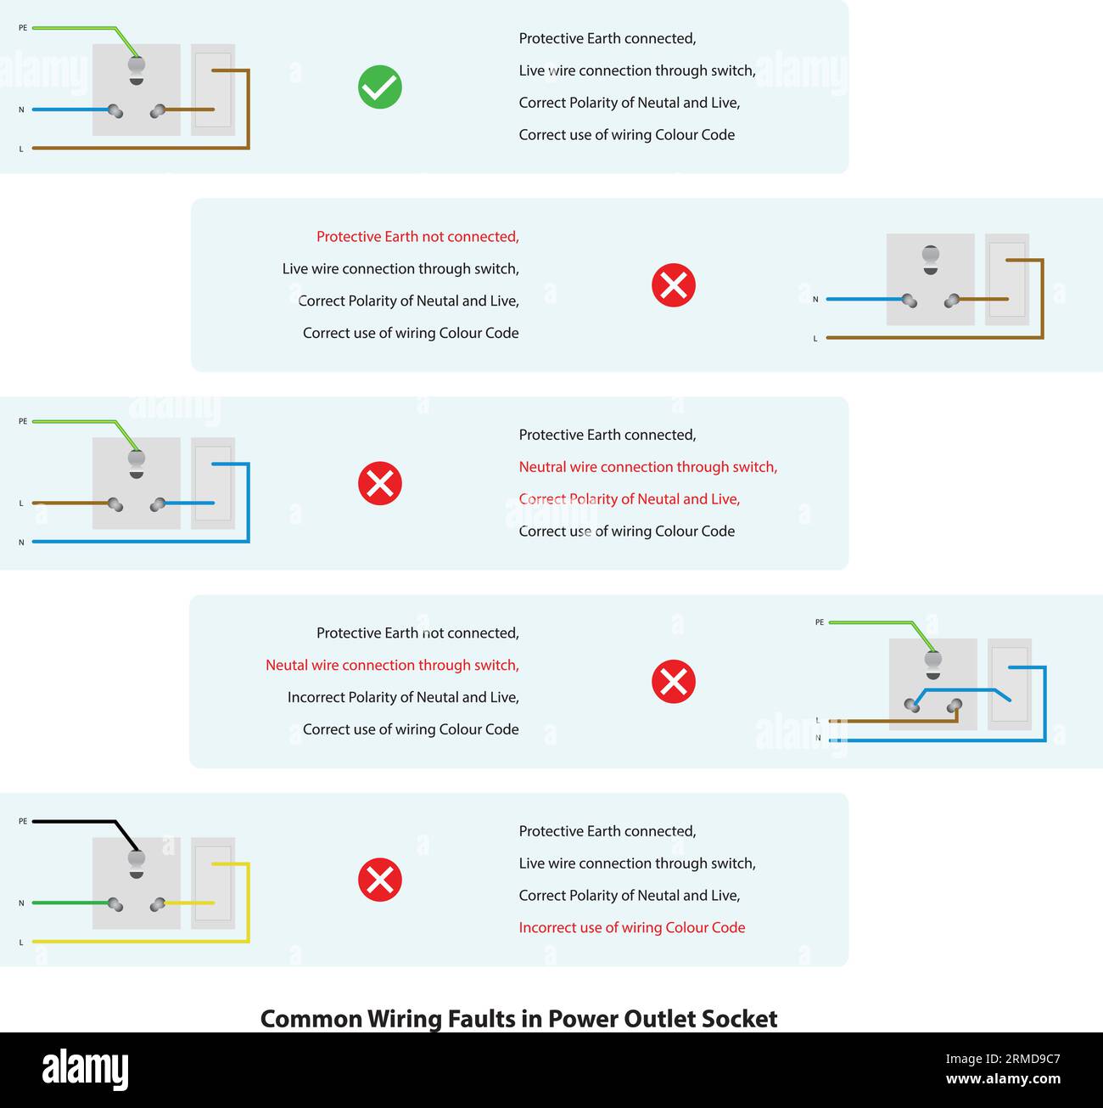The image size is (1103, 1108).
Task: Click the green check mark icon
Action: tap(379, 87)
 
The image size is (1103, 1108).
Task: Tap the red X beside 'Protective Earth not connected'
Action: tap(674, 285)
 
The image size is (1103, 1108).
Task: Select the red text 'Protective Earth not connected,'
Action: tap(417, 237)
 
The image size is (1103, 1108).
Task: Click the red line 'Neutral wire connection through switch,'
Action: tap(647, 467)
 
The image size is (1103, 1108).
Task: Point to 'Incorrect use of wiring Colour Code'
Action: tap(631, 928)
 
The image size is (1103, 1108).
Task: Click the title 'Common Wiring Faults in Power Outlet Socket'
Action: tap(518, 1018)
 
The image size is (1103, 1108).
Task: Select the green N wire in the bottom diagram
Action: tap(68, 903)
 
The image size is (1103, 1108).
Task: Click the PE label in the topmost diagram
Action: tap(23, 28)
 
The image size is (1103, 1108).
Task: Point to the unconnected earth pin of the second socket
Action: tap(931, 256)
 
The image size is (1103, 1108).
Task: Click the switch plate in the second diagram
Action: tap(1007, 280)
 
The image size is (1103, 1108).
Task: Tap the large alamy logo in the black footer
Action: tap(85, 1069)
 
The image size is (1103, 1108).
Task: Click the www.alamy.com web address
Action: tap(1003, 1079)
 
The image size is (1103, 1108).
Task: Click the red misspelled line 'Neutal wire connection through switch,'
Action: tap(392, 666)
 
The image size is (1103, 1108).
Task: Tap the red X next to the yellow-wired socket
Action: tap(379, 880)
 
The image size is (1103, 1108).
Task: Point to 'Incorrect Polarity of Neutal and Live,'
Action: tap(403, 698)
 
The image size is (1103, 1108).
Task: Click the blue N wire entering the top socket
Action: tap(68, 110)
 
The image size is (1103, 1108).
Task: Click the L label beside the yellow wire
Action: tap(22, 942)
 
